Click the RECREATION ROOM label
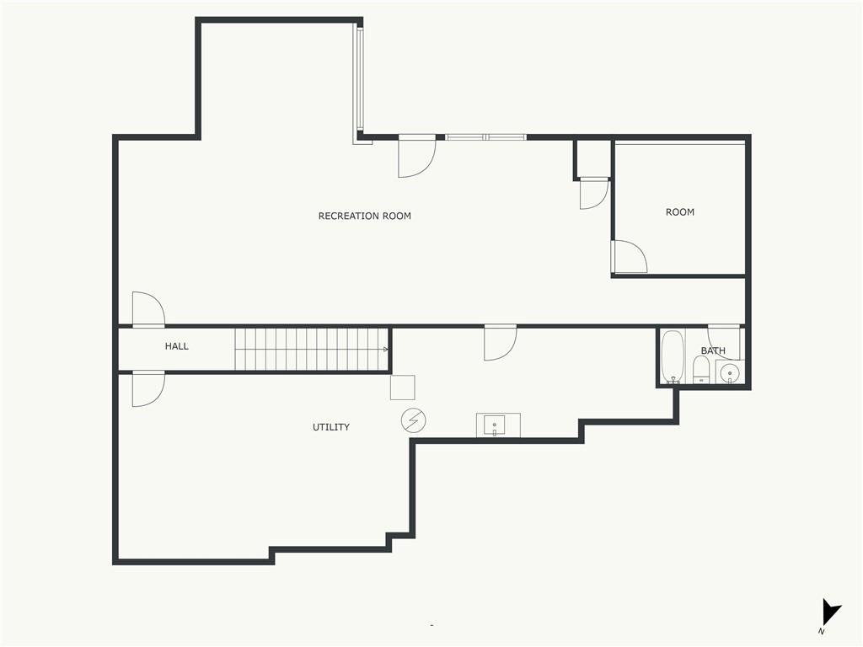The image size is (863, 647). [364, 216]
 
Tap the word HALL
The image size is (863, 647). [177, 346]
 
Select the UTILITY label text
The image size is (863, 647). [330, 427]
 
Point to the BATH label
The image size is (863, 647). [713, 350]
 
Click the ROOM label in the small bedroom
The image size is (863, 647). [680, 211]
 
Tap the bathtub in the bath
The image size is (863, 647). [672, 356]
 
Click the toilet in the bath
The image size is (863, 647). [701, 369]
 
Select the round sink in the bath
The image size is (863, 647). [730, 372]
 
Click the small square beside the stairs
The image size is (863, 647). [402, 388]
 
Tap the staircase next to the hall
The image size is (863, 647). [312, 350]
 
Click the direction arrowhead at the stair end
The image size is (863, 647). [386, 350]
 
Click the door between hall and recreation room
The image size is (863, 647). [148, 309]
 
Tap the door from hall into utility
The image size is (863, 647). [148, 389]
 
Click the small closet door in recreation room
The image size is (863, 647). [594, 193]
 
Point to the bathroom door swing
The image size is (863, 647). [724, 342]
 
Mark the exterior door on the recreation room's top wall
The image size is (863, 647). [416, 156]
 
